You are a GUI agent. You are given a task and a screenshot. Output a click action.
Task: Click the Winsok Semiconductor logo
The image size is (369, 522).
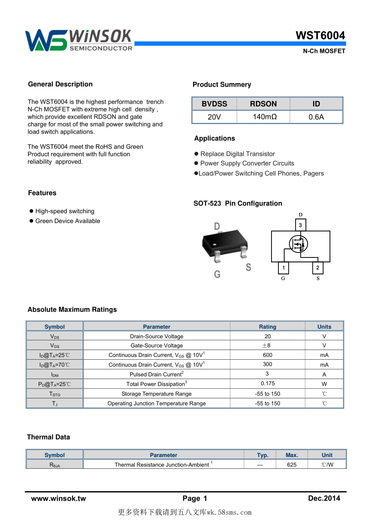tap(79, 40)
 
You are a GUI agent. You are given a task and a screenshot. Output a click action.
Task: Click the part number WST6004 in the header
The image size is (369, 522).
tap(320, 36)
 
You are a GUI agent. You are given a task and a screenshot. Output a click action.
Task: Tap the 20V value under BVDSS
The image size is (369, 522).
tap(214, 117)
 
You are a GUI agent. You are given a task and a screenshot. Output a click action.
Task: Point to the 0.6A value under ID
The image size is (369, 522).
tap(316, 117)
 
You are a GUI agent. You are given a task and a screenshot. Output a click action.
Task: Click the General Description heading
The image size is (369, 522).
tap(60, 84)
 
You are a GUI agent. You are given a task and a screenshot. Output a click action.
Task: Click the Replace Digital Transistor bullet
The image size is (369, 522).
tap(237, 154)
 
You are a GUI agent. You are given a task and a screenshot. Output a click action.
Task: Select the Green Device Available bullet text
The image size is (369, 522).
tap(68, 221)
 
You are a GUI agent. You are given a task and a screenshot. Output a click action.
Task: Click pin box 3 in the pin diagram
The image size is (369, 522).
tap(300, 225)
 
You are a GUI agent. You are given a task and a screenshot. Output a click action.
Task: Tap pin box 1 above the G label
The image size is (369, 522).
tap(284, 268)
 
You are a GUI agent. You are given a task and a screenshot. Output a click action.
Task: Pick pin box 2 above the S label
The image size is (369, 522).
tap(318, 268)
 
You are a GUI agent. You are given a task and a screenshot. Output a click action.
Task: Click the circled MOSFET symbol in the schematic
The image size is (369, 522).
tap(298, 244)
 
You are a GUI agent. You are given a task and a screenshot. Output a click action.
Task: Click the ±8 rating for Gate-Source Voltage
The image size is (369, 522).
tap(267, 345)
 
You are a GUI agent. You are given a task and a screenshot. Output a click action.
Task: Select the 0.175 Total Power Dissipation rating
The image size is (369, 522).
tap(267, 384)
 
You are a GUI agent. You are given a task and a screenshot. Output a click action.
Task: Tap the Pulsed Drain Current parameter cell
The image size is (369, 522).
tap(157, 374)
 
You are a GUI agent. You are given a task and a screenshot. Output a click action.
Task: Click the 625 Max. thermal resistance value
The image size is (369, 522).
tap(292, 465)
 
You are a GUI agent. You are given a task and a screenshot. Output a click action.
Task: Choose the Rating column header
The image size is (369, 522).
tap(267, 327)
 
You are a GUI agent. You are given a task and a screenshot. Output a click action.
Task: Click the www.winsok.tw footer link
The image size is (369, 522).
tap(58, 499)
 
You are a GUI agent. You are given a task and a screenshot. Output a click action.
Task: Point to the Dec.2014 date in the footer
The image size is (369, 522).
tap(324, 498)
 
